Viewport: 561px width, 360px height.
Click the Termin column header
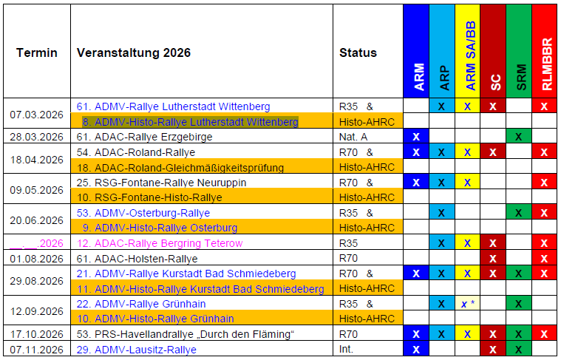tap(37, 52)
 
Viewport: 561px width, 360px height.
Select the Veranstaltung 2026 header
tap(134, 52)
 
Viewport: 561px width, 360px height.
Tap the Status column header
tap(358, 52)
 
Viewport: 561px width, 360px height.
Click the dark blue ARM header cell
tap(416, 51)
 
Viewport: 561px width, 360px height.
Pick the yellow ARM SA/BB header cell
tap(467, 51)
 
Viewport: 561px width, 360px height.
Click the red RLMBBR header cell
tap(545, 51)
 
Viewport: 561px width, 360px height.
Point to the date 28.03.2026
tap(37, 137)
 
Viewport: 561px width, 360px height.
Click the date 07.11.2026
tap(37, 349)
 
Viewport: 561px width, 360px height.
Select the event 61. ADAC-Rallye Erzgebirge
tap(144, 137)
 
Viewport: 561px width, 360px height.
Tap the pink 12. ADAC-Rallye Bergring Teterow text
tap(160, 243)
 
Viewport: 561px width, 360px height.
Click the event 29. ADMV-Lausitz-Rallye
tap(136, 349)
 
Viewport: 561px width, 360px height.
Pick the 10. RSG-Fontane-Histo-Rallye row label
tap(144, 197)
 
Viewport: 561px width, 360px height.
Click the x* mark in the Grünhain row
tap(467, 304)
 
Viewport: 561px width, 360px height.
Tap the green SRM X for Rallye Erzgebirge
tap(519, 137)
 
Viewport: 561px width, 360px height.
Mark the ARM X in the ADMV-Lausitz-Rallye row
tap(416, 349)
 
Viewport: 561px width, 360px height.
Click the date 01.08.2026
tap(37, 258)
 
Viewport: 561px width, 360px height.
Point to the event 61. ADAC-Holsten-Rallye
tap(137, 258)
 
